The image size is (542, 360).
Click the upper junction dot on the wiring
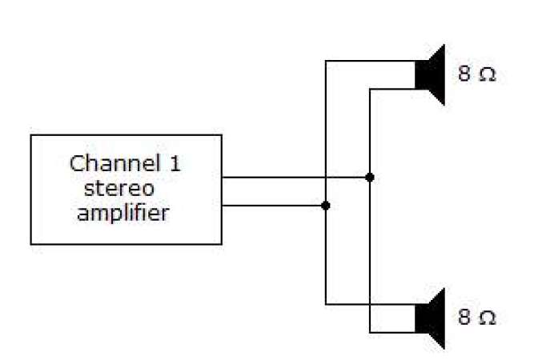369,177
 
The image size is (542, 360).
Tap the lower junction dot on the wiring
325,206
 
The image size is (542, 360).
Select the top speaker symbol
430,74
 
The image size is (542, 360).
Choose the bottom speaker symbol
430,318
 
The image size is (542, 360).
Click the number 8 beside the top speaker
464,74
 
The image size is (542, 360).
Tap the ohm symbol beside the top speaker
487,75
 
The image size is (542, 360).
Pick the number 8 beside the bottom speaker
464,318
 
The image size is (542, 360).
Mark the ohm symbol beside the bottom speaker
487,318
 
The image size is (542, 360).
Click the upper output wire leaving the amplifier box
272,177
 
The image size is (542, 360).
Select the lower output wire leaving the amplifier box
272,206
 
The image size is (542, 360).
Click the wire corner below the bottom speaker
369,332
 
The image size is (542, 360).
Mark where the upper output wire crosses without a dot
325,177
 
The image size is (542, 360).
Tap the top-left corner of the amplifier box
31,135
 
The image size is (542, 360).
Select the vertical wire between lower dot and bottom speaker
325,256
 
